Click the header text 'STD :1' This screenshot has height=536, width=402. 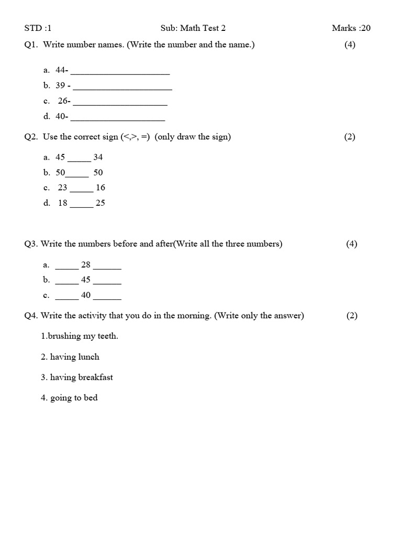coord(38,28)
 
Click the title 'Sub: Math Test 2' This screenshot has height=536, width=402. coord(193,28)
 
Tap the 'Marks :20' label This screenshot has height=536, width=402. coord(351,28)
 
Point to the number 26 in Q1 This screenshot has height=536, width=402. coord(63,101)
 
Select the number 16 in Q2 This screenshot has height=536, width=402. coord(100,187)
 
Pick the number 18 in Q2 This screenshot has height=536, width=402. coord(63,203)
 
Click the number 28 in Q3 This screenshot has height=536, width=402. coord(86,265)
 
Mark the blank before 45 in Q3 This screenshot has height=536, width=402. coord(66,283)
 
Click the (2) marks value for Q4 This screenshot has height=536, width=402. coord(351,316)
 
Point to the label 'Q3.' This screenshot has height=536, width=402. coord(31,244)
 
